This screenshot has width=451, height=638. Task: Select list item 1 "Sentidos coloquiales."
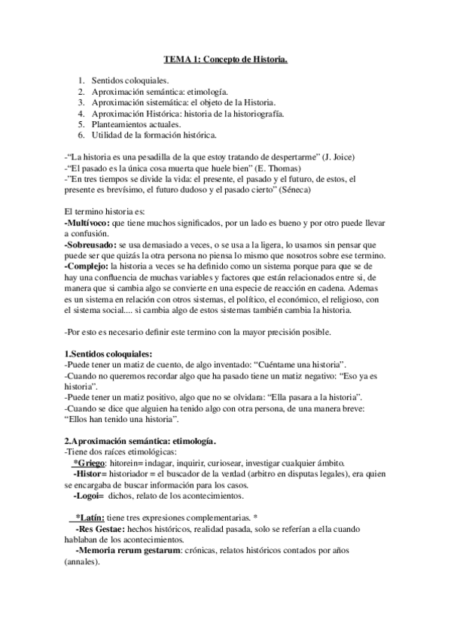[x=131, y=80]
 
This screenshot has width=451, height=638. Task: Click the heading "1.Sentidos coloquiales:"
[x=108, y=354]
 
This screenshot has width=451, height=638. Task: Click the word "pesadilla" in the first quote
[x=141, y=156]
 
